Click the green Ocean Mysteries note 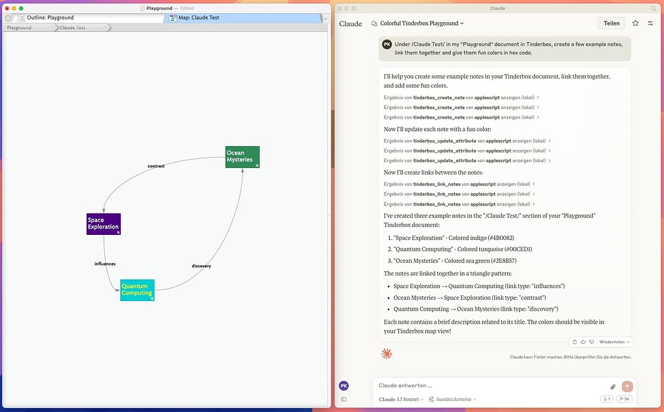[242, 157]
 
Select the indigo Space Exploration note [103, 224]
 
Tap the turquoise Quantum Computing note [137, 290]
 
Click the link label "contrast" [156, 166]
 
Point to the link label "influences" [104, 264]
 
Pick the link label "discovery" [202, 266]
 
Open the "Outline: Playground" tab [50, 18]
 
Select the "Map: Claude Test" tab [198, 18]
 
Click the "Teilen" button [611, 23]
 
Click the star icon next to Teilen [635, 23]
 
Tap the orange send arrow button [626, 386]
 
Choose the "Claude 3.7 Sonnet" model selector [401, 400]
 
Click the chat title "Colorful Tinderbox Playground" [418, 23]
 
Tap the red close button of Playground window [6, 8]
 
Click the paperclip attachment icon [613, 387]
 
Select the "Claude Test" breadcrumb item [73, 28]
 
